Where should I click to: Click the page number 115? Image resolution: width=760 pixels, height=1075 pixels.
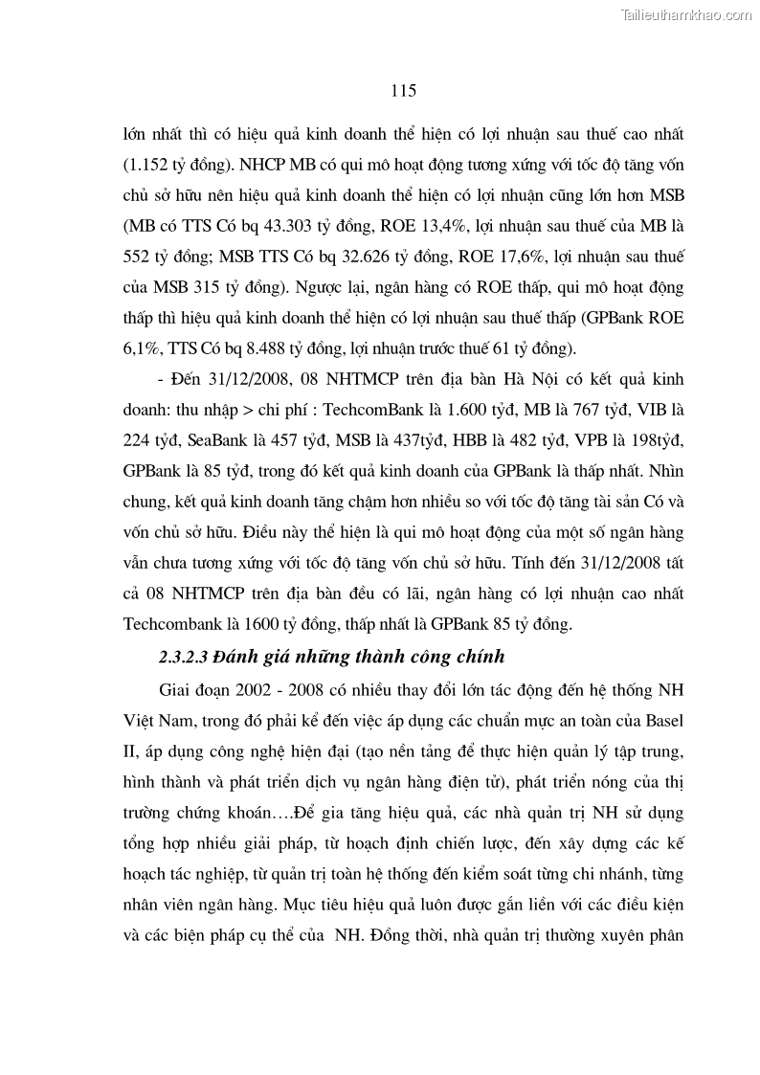403,91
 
